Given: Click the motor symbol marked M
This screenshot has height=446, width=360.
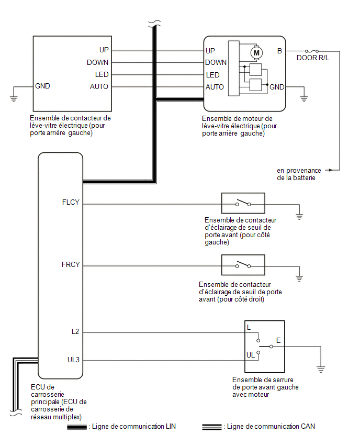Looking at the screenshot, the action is pyautogui.click(x=256, y=53).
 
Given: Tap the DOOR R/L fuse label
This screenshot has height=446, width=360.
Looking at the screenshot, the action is pyautogui.click(x=313, y=58).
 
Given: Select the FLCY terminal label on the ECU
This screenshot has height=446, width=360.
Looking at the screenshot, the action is pyautogui.click(x=71, y=202).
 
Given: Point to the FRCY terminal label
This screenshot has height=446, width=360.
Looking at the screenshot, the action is pyautogui.click(x=71, y=264).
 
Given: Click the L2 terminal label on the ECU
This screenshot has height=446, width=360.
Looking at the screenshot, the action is pyautogui.click(x=75, y=332).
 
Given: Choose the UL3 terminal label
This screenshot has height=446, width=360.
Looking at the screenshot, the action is pyautogui.click(x=73, y=360).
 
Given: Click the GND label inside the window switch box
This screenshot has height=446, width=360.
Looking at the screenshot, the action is pyautogui.click(x=42, y=86).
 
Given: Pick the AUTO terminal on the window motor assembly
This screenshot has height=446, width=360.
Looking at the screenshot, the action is pyautogui.click(x=215, y=87).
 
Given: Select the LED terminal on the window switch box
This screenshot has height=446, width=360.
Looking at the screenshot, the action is pyautogui.click(x=102, y=74).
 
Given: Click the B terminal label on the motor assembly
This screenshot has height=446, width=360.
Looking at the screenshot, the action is pyautogui.click(x=279, y=51).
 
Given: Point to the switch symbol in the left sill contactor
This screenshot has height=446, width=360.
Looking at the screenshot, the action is pyautogui.click(x=243, y=203).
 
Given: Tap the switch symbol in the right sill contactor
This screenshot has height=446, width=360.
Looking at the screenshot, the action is pyautogui.click(x=243, y=265).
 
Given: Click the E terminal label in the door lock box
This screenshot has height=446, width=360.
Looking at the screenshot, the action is pyautogui.click(x=278, y=340).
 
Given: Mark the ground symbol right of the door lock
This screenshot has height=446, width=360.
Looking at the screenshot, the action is pyautogui.click(x=321, y=370).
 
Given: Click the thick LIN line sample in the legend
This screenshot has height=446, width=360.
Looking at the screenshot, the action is pyautogui.click(x=77, y=427).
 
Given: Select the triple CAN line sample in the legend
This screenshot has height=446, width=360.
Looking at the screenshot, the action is pyautogui.click(x=212, y=427).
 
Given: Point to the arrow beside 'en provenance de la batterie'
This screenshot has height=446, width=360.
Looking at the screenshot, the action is pyautogui.click(x=329, y=170).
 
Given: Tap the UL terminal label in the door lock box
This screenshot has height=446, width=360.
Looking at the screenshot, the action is pyautogui.click(x=251, y=355).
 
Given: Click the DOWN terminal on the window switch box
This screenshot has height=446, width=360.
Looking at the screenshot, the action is pyautogui.click(x=97, y=62).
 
